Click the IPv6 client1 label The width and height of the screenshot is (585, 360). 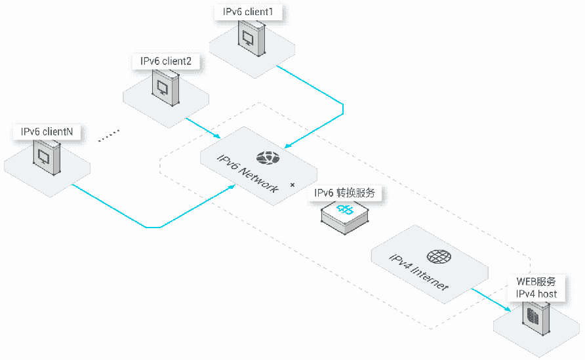[248, 12]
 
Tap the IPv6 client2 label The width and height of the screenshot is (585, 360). [166, 61]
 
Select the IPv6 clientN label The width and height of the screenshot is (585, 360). [47, 131]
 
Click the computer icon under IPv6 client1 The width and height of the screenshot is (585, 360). [252, 38]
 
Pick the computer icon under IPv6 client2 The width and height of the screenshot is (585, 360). [165, 88]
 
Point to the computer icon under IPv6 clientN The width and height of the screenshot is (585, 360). [47, 157]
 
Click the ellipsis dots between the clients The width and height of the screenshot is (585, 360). [109, 136]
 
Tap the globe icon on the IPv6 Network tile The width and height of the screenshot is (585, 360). [268, 158]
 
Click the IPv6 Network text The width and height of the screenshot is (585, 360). [248, 174]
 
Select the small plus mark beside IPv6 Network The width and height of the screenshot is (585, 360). [292, 185]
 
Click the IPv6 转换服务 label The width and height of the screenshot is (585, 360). [344, 193]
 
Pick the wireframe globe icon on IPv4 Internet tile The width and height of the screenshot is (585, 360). [439, 256]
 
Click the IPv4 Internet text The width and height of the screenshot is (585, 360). [418, 272]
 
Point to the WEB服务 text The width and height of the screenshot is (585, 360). [536, 282]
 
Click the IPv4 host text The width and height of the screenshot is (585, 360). [536, 294]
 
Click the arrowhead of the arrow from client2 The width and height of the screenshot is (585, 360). [217, 136]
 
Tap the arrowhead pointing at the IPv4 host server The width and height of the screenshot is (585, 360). [508, 308]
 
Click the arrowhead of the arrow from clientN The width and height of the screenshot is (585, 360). [232, 186]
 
